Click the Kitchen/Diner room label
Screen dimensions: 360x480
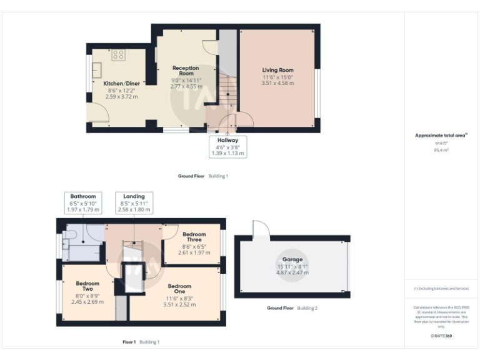(121, 83)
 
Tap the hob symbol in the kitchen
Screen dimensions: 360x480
(118, 55)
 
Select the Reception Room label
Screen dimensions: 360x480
(186, 71)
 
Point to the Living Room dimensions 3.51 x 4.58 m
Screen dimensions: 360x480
(277, 83)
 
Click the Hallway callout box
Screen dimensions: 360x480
(227, 147)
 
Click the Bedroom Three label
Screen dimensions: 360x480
(194, 237)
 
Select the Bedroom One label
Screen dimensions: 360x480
(179, 289)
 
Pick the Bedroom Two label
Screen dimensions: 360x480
(87, 286)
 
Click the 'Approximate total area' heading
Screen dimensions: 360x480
(441, 135)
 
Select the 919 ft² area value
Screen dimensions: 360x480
(441, 143)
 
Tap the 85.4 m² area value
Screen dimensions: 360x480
(441, 150)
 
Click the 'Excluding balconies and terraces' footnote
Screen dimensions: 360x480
(441, 289)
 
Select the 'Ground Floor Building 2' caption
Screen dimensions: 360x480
(292, 308)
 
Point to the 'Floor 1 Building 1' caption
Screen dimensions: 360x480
(141, 342)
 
